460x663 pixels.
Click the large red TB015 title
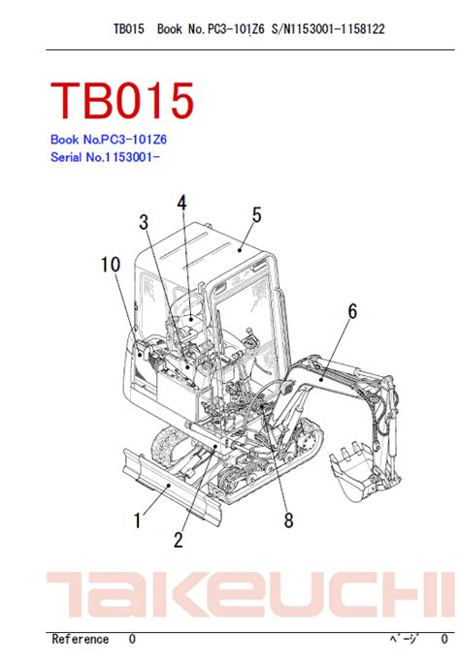(122, 100)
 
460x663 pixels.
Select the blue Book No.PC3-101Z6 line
(109, 140)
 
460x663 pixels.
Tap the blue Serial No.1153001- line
(105, 157)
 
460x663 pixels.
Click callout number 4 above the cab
(181, 204)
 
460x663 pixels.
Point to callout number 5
(256, 215)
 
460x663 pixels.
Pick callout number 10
(111, 265)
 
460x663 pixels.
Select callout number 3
(144, 222)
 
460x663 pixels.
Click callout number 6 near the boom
(352, 311)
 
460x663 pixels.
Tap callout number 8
(288, 521)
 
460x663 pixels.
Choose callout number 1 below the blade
(137, 521)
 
